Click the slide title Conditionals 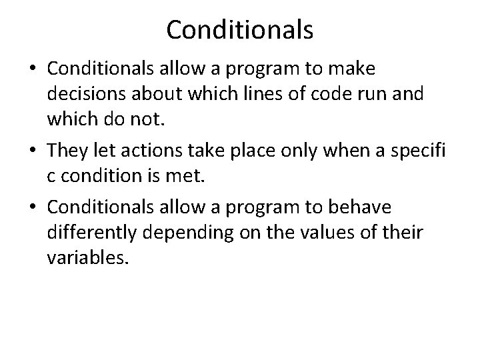click(x=240, y=29)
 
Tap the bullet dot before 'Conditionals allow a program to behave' click(x=33, y=207)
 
